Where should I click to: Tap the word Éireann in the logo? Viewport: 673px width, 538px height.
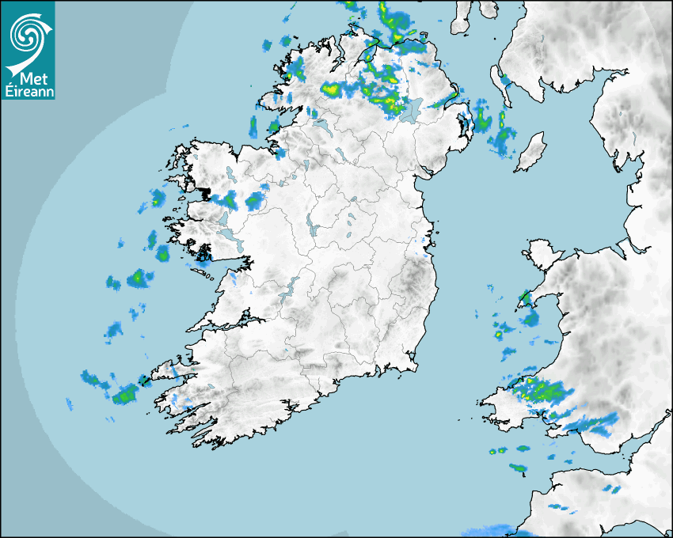(29, 91)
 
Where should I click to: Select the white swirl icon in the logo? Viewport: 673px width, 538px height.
(29, 36)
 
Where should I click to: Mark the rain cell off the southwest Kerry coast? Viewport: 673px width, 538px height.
(124, 394)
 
